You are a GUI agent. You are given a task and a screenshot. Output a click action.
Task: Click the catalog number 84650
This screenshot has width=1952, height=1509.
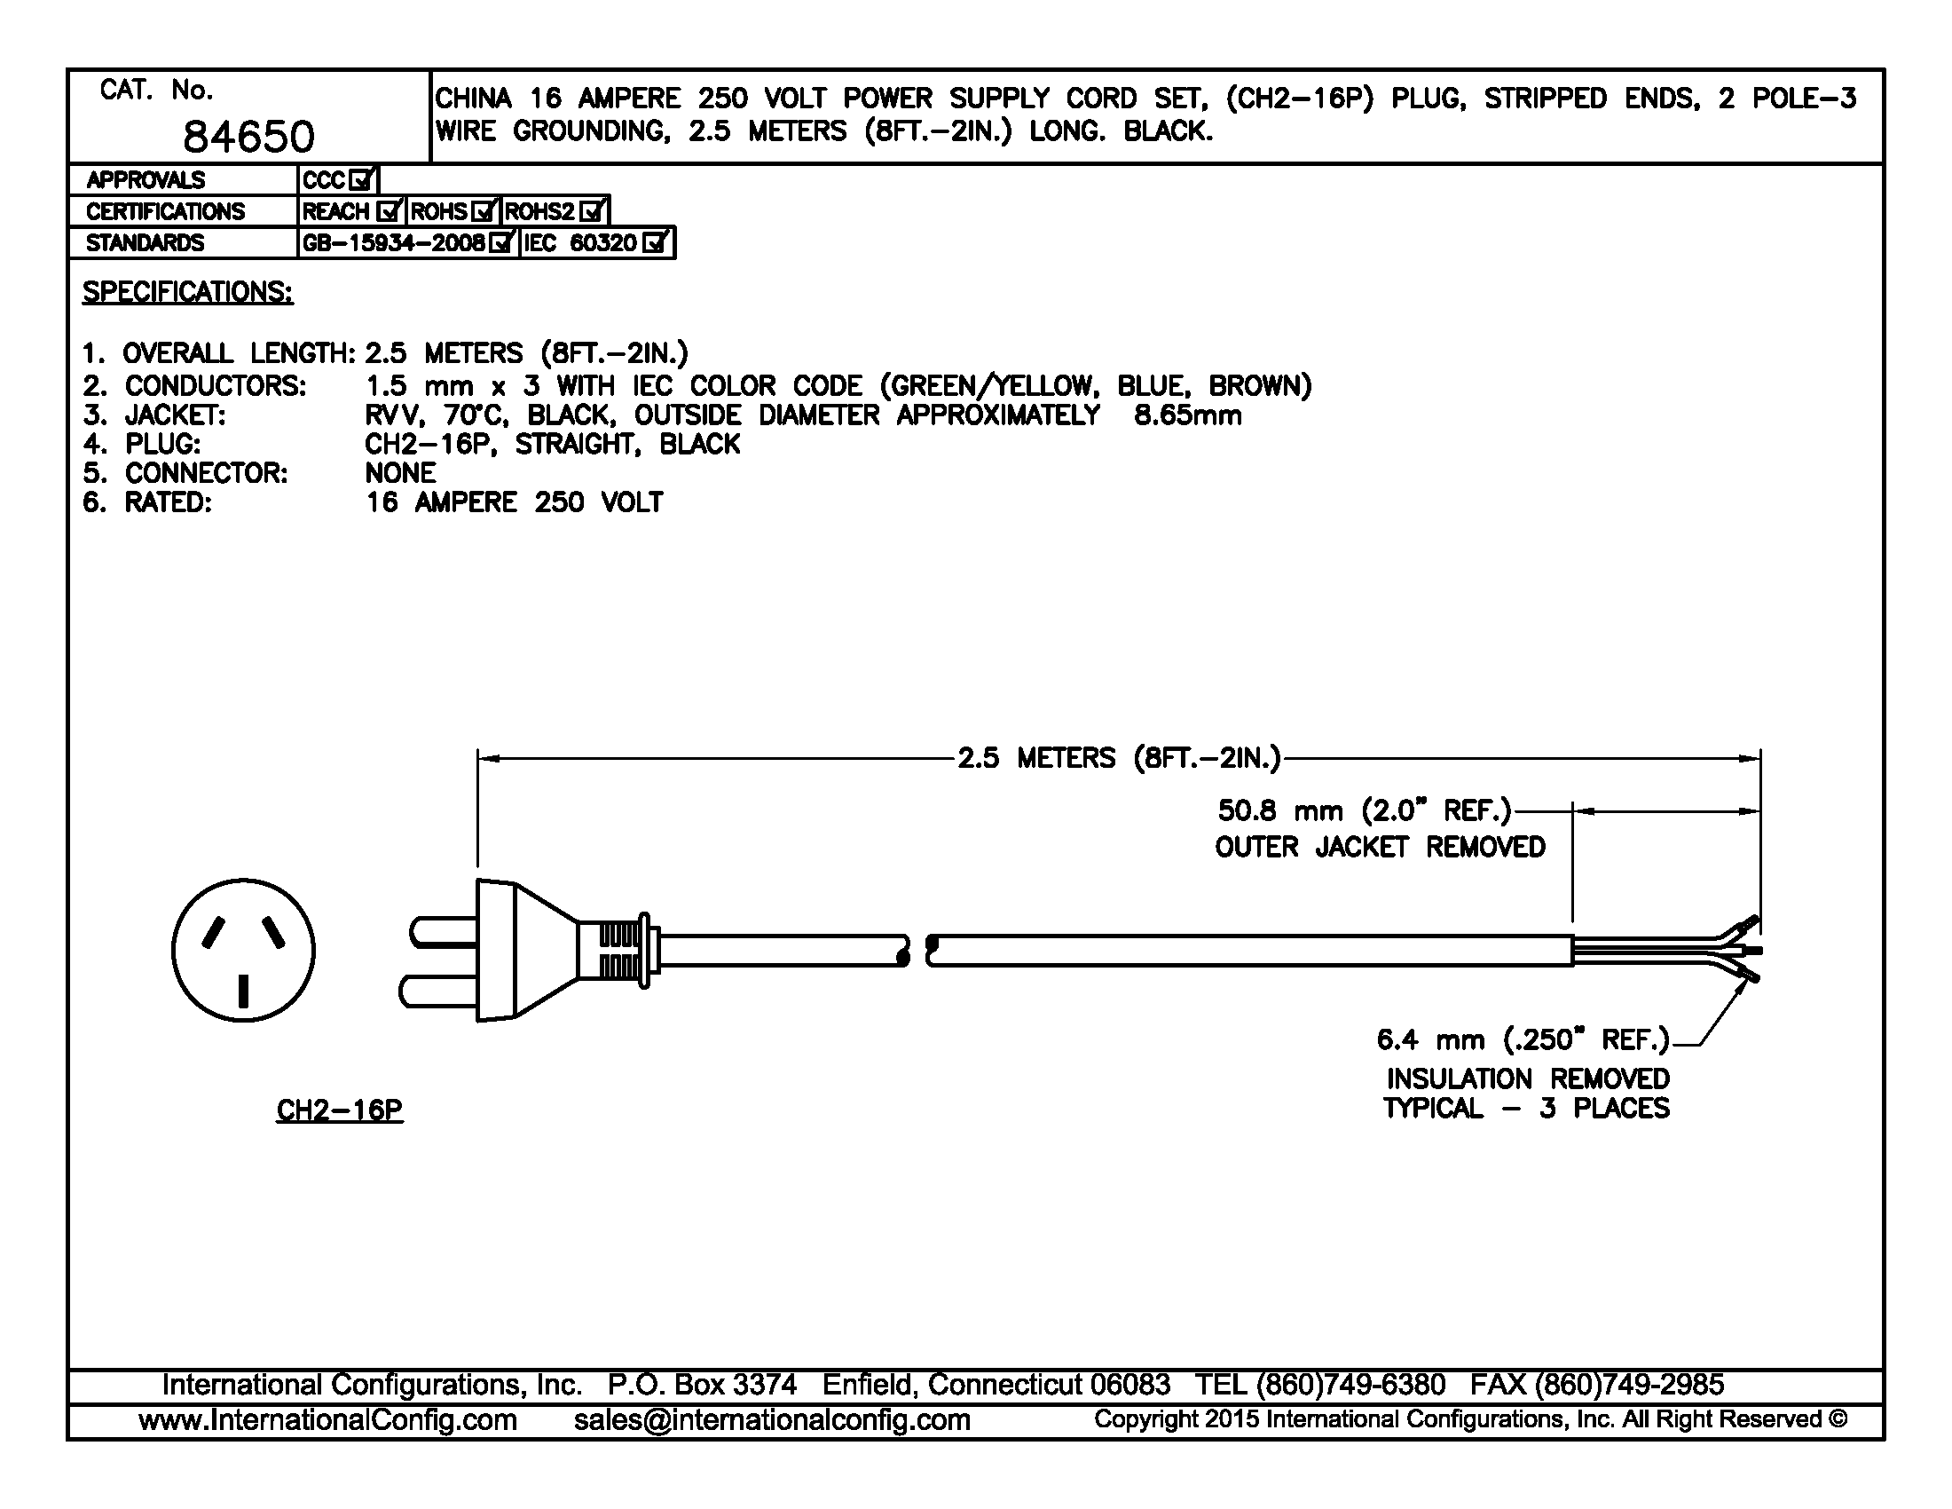coord(248,137)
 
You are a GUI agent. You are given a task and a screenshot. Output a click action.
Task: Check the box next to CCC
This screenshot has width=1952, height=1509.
coord(361,180)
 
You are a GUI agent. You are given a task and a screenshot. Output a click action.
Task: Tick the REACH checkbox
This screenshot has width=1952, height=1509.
coord(388,212)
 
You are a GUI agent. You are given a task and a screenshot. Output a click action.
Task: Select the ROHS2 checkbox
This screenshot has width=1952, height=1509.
coord(591,212)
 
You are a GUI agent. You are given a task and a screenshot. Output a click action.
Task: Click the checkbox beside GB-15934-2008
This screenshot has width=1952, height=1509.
coord(501,242)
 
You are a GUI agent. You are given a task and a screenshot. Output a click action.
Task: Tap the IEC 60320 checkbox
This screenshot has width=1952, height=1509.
coord(655,242)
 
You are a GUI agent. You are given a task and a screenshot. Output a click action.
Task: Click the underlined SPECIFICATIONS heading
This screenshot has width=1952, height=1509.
coord(188,292)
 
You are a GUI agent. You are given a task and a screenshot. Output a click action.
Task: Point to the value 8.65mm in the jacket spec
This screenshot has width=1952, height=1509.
coord(1188,415)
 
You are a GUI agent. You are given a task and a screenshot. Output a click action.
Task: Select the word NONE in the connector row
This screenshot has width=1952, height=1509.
coord(400,473)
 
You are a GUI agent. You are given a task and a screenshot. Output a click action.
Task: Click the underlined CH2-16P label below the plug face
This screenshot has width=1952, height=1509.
coord(340,1110)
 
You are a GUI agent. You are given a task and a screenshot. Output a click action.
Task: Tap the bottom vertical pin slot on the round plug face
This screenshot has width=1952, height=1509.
coord(243,992)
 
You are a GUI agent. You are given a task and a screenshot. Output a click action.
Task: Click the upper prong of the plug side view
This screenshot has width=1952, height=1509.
coord(443,932)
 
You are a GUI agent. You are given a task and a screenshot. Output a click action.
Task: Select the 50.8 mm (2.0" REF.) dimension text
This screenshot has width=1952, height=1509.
coord(1364,810)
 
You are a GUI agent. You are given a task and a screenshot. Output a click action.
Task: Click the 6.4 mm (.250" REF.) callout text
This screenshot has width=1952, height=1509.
coord(1523,1039)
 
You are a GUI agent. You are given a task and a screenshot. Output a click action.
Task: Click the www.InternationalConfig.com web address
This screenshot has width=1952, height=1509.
coord(328,1419)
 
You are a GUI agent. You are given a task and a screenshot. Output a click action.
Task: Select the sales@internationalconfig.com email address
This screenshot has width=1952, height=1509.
coord(772,1419)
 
